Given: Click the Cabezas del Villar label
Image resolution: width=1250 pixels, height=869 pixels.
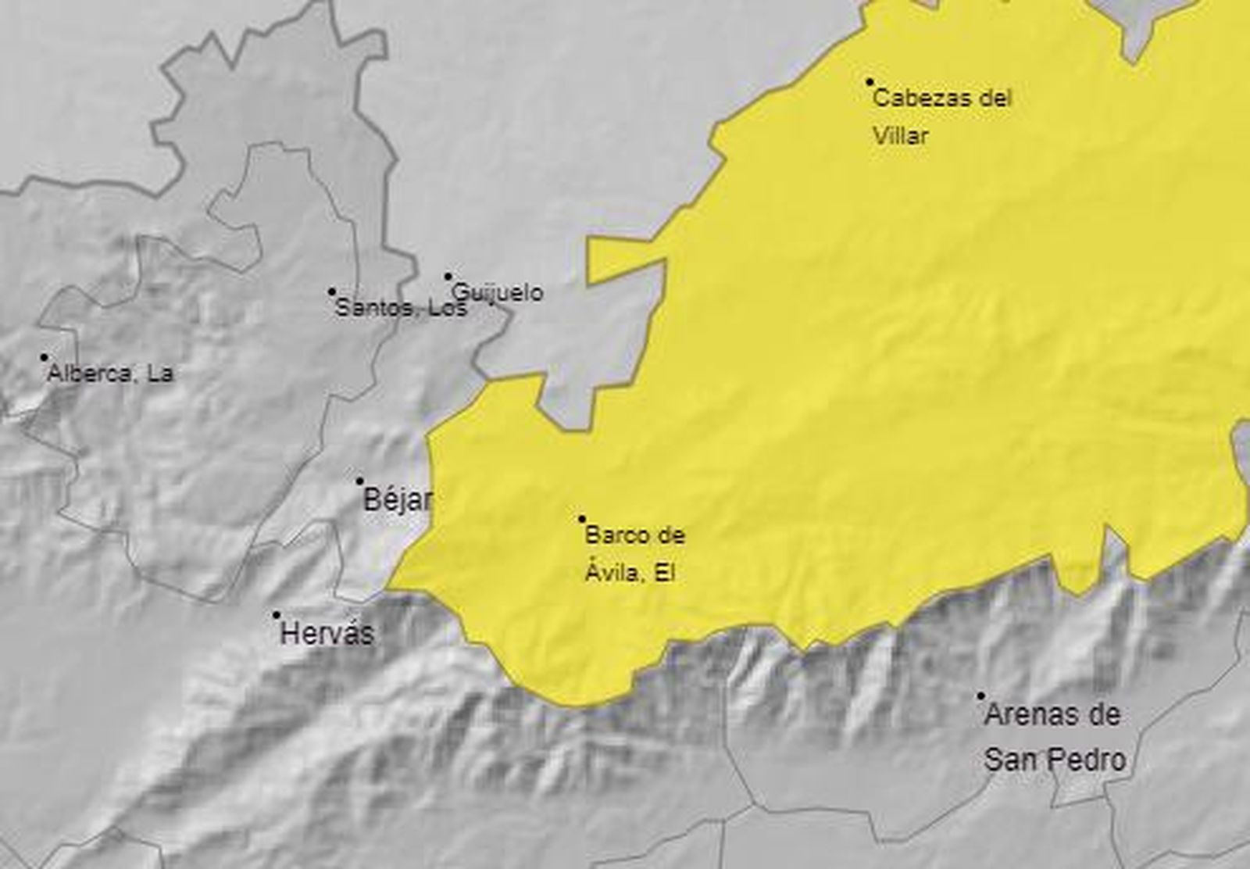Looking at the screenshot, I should (941, 117).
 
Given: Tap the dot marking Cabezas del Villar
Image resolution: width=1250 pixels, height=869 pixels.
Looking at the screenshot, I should (870, 81).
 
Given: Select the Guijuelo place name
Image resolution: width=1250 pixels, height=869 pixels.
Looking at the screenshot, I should (498, 293).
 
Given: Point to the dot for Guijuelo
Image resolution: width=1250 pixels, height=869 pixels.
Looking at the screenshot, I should (448, 276).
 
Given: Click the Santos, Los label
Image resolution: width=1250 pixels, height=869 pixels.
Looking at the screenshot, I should (400, 308).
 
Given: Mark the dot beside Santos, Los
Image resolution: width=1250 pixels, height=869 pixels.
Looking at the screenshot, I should (331, 291).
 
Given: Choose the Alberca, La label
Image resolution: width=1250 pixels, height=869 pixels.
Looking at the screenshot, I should (110, 374).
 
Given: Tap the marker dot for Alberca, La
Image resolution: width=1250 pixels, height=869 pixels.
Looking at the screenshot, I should (44, 357).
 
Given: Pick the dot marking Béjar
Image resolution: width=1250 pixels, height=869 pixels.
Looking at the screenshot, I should (359, 481).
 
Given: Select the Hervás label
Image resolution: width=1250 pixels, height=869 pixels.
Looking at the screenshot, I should (327, 633).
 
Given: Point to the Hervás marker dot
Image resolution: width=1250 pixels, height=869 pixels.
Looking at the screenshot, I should (276, 615).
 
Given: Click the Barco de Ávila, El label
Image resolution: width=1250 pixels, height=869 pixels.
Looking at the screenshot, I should (634, 554).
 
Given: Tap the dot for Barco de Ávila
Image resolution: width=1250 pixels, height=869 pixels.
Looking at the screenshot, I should (581, 518).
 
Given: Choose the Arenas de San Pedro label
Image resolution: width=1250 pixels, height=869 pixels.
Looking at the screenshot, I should (1054, 737).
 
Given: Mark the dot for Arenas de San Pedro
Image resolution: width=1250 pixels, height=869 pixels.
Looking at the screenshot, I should (981, 696).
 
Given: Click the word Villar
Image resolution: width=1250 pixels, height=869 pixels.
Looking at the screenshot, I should (900, 136).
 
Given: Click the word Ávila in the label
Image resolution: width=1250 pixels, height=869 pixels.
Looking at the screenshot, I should (609, 573).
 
